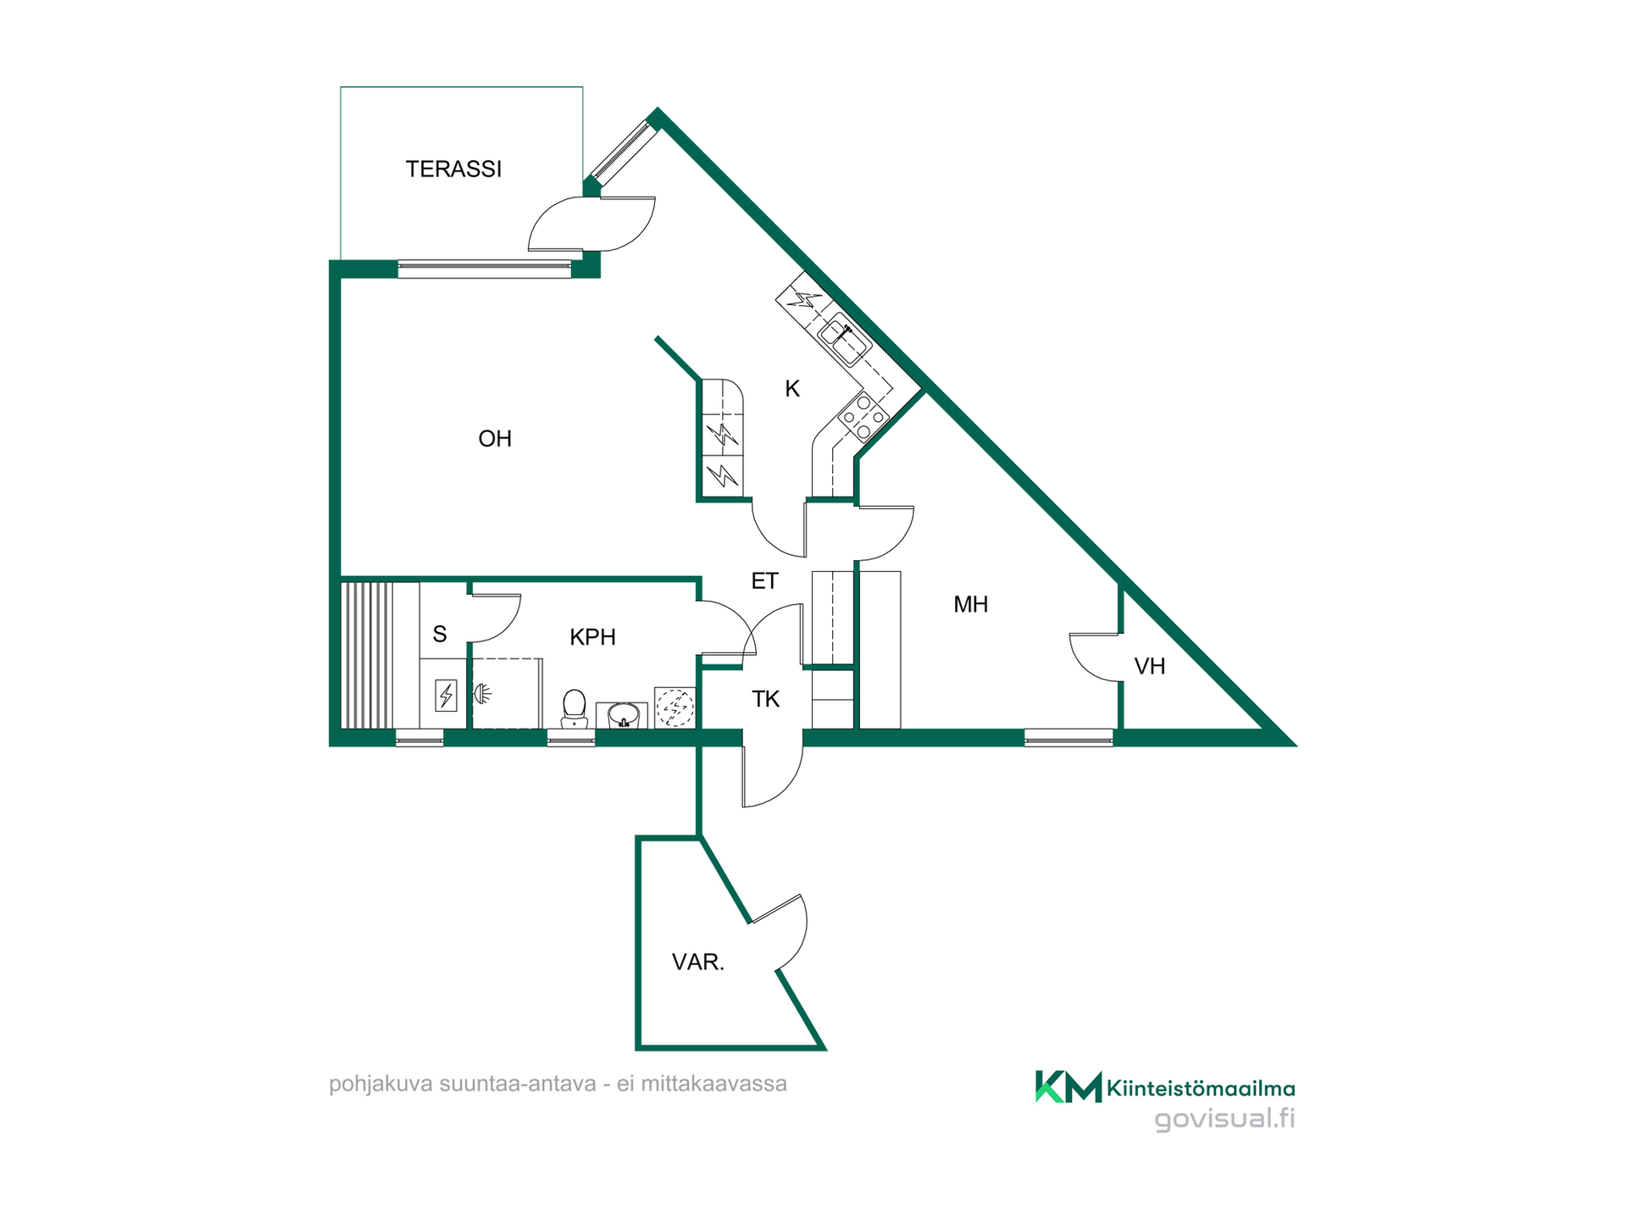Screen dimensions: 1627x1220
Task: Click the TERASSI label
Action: [x=453, y=169]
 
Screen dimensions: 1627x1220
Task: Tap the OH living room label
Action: [x=495, y=439]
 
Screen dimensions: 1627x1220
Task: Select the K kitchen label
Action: [x=792, y=389]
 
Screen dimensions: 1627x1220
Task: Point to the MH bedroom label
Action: [x=970, y=604]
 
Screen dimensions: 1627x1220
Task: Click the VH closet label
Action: [x=1150, y=667]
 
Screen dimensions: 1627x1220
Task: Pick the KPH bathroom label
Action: [x=592, y=637]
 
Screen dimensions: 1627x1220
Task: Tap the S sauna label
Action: [x=440, y=634]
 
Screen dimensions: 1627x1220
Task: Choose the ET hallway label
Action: [x=764, y=581]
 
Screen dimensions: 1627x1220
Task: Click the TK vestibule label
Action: [x=765, y=699]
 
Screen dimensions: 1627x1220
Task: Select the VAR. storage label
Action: [x=698, y=962]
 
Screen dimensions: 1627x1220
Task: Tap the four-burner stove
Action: [x=863, y=418]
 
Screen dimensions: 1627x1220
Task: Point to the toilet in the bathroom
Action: [x=575, y=709]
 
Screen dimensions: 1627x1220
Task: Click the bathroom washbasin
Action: [x=623, y=716]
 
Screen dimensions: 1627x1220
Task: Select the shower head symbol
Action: [x=482, y=694]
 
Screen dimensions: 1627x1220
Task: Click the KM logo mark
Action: [x=1068, y=1087]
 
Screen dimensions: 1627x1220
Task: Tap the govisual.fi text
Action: [x=1224, y=1119]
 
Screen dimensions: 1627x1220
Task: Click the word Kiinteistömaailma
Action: [x=1201, y=1089]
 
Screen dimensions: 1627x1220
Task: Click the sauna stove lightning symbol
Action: [x=446, y=696]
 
